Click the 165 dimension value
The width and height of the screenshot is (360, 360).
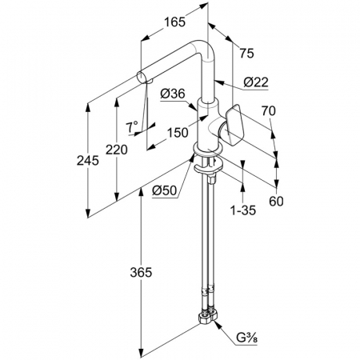click(174, 22)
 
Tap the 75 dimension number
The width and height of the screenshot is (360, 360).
click(246, 54)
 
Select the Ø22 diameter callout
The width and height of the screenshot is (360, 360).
click(256, 82)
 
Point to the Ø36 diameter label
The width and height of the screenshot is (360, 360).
click(173, 94)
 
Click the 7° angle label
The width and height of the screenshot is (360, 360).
click(133, 127)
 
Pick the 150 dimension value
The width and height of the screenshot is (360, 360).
click(178, 132)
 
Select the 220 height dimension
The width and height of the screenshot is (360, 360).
click(117, 150)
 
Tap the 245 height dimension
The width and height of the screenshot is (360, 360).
click(88, 161)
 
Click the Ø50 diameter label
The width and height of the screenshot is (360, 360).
click(165, 190)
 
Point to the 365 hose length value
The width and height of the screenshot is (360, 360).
click(141, 272)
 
